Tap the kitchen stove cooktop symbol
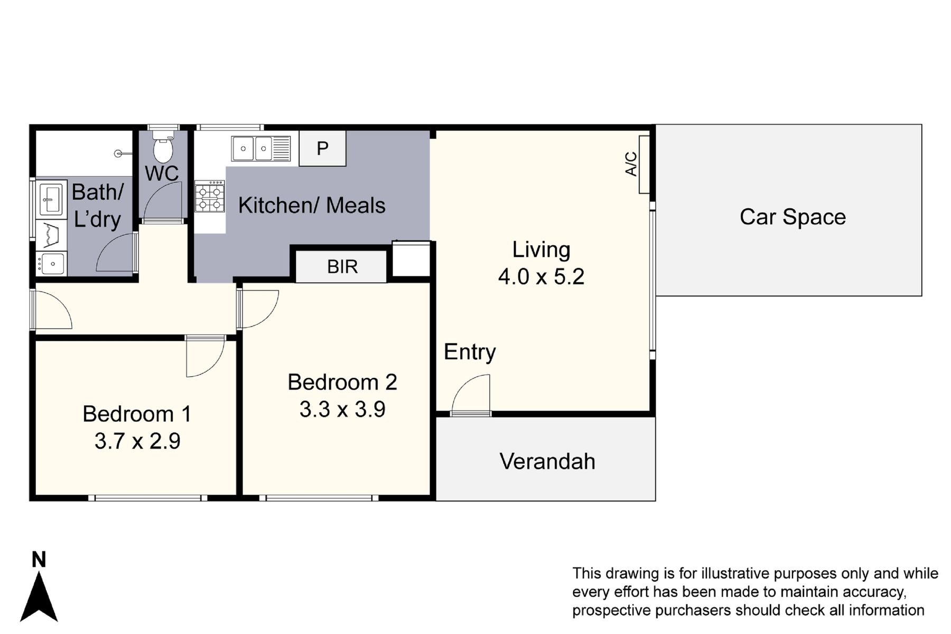coord(209,197)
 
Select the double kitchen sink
coord(260,148)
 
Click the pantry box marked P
coord(322,149)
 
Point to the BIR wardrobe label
coord(342,267)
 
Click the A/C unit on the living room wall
coord(644,164)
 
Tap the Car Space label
coord(792,217)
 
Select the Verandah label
coord(547,461)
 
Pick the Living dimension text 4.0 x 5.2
coord(541,277)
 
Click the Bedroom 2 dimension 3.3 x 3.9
coord(342,409)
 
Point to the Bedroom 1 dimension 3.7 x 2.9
coord(137,441)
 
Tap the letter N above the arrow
coord(39,559)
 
